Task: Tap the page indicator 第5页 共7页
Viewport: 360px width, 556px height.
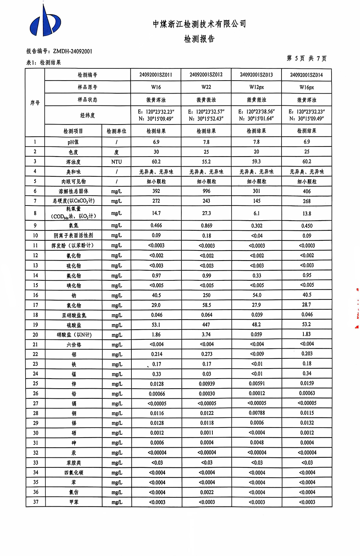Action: [306, 58]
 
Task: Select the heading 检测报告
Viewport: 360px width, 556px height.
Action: [199, 39]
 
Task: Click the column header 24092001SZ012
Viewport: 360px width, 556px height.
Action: [206, 75]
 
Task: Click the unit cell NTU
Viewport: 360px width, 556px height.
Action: [116, 162]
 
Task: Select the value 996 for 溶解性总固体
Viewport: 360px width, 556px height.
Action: [206, 191]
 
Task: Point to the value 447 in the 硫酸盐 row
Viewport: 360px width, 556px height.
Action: [206, 325]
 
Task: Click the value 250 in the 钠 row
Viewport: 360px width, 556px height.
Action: [206, 295]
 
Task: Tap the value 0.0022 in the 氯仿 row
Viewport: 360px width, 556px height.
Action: [207, 492]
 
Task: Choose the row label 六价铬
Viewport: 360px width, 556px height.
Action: [73, 345]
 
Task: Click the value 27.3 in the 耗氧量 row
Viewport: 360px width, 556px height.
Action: [206, 213]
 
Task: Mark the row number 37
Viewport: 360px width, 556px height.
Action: [35, 502]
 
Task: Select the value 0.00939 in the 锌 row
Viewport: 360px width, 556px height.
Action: [207, 384]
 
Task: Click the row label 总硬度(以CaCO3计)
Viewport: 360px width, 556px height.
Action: [73, 201]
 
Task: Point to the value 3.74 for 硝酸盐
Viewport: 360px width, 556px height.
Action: [206, 335]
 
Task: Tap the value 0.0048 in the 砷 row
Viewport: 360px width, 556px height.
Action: [257, 443]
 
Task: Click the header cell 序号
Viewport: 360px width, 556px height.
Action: [35, 103]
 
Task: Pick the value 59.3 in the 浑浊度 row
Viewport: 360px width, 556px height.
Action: [256, 162]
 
